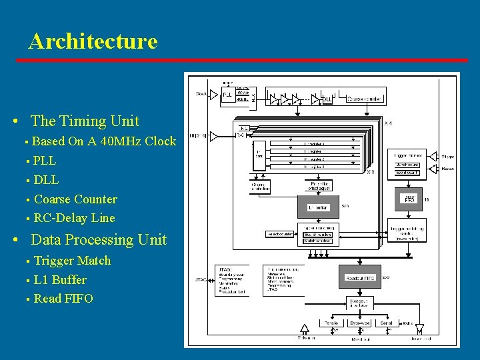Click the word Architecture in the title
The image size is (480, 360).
tap(93, 41)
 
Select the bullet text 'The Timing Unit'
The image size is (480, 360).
tap(85, 121)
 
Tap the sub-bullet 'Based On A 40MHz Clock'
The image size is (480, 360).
tap(104, 141)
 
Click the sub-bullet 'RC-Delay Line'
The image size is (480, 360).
tap(74, 218)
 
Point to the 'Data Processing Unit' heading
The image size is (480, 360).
tap(99, 239)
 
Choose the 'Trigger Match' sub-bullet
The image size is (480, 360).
tap(72, 260)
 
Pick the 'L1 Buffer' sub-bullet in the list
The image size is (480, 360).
tap(60, 279)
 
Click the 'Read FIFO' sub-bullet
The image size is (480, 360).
tap(63, 298)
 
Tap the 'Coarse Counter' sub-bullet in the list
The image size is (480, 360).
tap(75, 199)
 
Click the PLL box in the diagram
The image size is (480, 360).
tap(227, 95)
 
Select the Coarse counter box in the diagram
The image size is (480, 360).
tap(365, 98)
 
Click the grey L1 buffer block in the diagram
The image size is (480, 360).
tap(318, 208)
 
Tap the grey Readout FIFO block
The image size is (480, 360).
tap(360, 277)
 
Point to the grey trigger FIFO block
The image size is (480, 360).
tap(409, 198)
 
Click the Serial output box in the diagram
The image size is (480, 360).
tap(387, 323)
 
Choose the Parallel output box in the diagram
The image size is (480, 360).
tap(331, 323)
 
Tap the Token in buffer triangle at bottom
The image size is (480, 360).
tap(305, 329)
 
